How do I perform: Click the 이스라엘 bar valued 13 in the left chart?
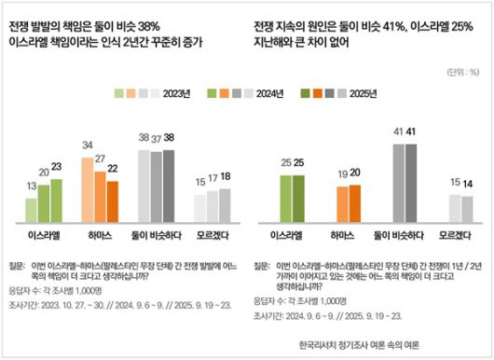[31, 210]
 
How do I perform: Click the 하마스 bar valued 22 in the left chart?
[112, 201]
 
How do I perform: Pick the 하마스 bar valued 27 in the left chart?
[100, 196]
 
